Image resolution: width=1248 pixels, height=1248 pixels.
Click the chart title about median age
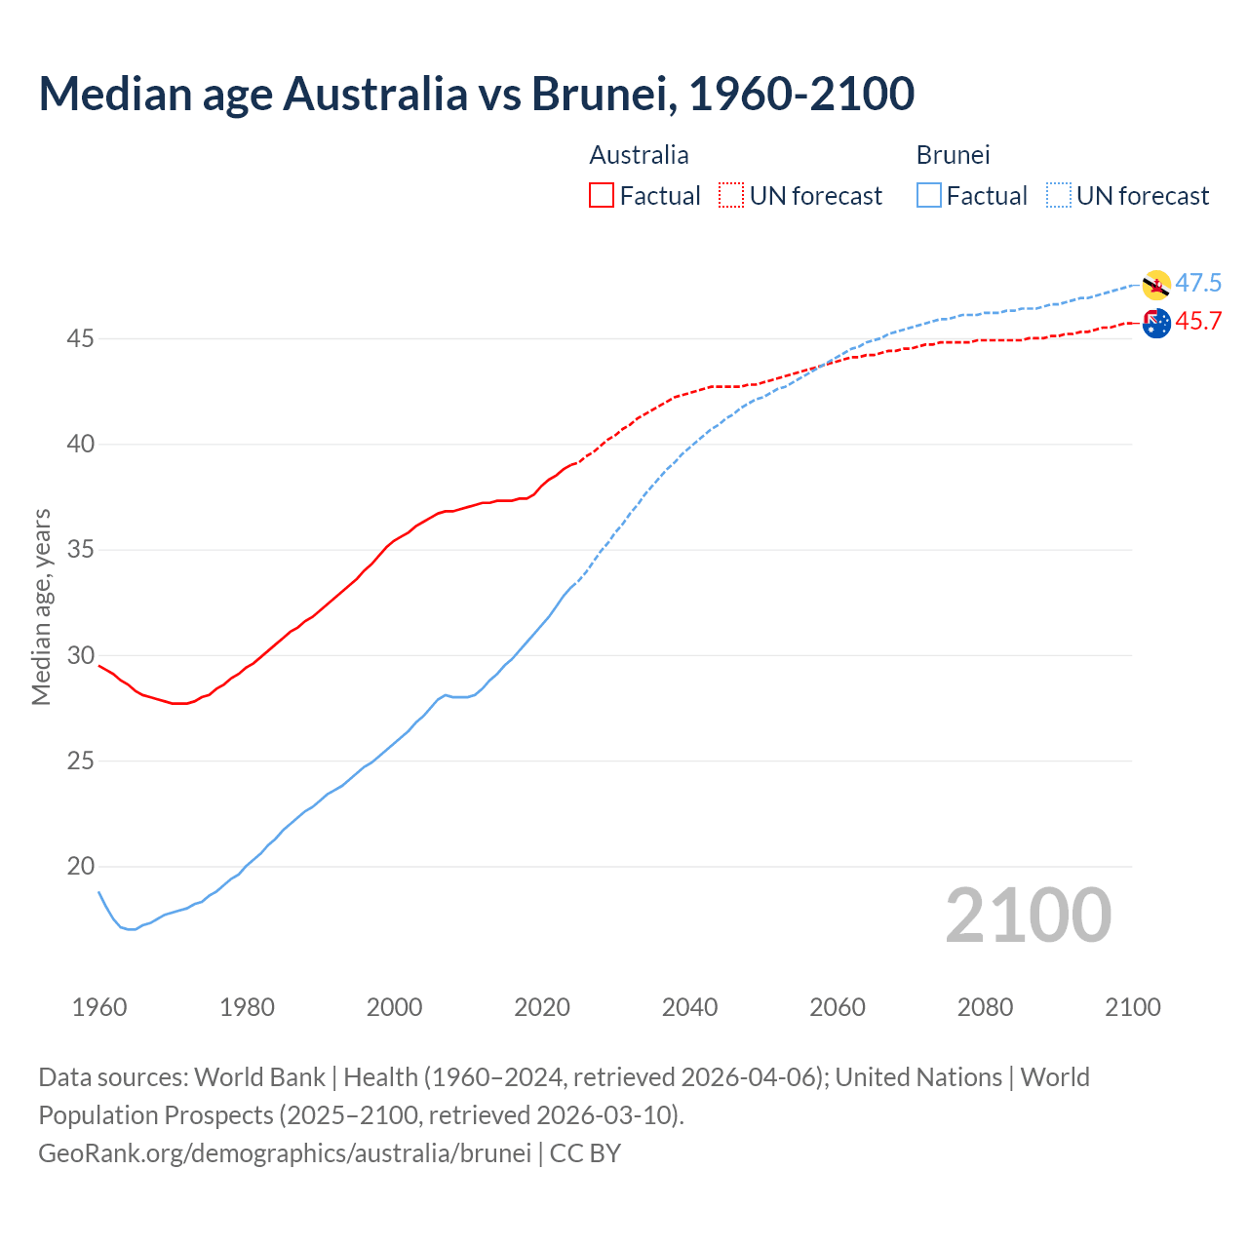coord(476,94)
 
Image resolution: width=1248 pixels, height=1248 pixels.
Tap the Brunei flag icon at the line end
coord(1156,285)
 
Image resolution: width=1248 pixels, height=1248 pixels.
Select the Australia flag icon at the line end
coord(1156,323)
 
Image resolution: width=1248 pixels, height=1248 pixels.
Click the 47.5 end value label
coord(1198,284)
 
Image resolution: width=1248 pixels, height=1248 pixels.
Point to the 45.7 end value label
coord(1198,322)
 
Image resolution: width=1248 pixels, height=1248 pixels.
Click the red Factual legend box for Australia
coord(602,196)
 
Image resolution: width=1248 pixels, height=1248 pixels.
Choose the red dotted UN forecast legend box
coord(731,196)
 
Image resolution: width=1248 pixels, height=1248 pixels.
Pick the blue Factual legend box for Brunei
coord(929,196)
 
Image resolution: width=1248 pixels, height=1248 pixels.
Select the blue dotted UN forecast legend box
coord(1058,196)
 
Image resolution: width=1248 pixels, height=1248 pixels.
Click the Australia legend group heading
coord(639,155)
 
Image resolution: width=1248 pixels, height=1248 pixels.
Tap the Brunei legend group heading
coord(953,155)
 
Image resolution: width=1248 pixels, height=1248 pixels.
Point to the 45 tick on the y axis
coord(80,339)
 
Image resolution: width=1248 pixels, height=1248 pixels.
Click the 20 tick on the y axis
coord(80,866)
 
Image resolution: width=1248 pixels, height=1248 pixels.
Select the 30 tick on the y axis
coord(80,655)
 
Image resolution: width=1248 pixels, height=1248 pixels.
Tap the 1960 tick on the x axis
coord(99,1007)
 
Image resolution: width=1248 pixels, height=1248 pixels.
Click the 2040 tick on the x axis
coord(689,1007)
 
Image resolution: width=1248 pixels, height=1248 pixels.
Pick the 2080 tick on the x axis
coord(985,1007)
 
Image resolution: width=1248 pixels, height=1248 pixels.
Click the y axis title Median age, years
coord(41,606)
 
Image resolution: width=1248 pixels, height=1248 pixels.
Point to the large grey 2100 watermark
coord(1028,916)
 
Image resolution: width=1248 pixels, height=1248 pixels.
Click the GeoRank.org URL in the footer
coord(285,1152)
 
